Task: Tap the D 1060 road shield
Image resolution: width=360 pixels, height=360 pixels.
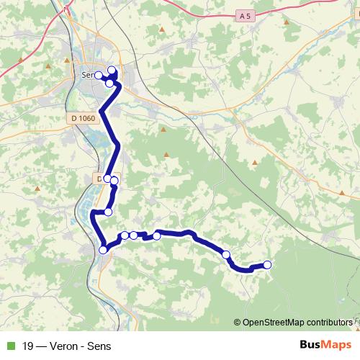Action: pos(84,118)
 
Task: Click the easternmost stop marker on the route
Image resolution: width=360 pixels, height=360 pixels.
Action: pos(268,264)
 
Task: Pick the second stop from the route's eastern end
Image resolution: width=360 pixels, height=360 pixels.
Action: pos(226,253)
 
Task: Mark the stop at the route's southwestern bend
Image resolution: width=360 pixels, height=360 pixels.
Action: pos(103,249)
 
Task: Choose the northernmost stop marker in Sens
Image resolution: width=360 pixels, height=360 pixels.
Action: pos(112,70)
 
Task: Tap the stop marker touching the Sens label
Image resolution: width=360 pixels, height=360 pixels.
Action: pos(98,75)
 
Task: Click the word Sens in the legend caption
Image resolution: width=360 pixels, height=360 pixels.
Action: pos(100,345)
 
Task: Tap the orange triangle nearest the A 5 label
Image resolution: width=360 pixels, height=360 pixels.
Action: pos(287,22)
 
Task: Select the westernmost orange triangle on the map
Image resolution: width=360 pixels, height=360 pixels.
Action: pos(48,68)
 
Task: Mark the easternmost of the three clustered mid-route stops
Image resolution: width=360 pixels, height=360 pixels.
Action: pos(156,235)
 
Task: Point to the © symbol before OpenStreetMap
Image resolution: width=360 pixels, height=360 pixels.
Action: pos(238,322)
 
